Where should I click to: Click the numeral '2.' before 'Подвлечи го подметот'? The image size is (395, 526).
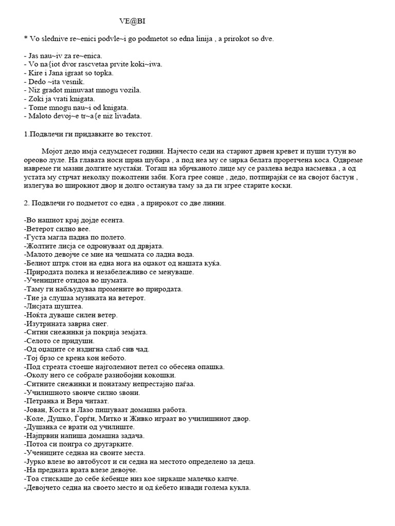(x=28, y=203)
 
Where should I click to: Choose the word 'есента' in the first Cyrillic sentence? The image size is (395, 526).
(x=113, y=220)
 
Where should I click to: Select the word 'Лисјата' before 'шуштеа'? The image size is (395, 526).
(x=39, y=307)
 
